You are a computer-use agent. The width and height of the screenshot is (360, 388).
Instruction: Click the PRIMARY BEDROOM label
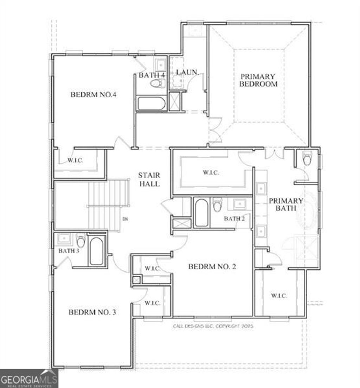258,80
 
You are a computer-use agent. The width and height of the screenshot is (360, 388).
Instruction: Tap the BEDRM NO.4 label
94,94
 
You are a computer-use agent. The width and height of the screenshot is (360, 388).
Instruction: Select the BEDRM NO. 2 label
212,267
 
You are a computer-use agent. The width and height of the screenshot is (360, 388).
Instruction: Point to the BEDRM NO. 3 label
92,312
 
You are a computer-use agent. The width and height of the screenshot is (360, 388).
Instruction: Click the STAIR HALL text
149,179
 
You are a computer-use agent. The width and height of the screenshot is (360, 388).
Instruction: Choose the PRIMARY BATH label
286,204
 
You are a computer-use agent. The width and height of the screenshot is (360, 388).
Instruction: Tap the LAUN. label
188,73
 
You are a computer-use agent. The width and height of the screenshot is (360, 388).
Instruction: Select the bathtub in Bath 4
152,104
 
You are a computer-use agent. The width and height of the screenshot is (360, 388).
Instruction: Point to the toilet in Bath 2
218,204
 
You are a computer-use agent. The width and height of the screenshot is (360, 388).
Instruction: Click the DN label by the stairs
125,219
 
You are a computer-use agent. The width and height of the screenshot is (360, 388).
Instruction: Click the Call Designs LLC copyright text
213,326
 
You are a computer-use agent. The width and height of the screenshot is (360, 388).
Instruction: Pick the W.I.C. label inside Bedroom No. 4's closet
75,161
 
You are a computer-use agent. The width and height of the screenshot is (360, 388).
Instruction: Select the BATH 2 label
234,218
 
